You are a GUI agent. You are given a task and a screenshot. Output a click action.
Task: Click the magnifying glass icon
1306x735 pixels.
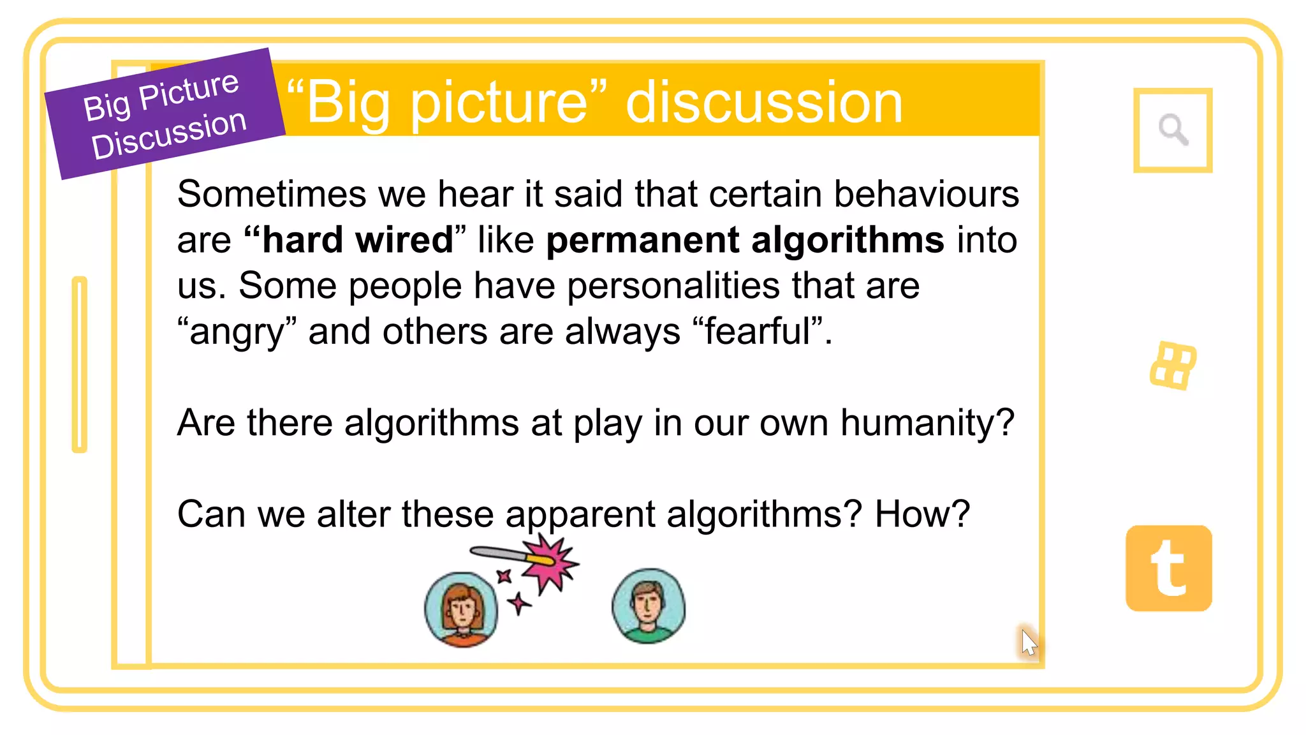(1173, 130)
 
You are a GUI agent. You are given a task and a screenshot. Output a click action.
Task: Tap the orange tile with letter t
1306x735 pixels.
(1168, 568)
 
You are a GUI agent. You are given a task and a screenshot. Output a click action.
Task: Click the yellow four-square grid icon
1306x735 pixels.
(1173, 366)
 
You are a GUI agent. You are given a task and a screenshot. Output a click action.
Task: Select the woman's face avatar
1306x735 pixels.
(461, 609)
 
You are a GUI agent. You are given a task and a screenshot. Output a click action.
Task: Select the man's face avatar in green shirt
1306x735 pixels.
(648, 605)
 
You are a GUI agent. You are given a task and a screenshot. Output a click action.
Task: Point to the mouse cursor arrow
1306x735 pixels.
(1027, 642)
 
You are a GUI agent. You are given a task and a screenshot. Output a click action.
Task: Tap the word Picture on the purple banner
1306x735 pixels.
(189, 91)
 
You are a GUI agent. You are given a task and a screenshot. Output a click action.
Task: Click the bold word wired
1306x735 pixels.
(404, 240)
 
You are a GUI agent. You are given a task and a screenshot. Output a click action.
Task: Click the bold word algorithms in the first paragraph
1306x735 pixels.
(847, 240)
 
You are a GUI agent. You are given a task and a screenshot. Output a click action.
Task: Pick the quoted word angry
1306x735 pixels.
(237, 332)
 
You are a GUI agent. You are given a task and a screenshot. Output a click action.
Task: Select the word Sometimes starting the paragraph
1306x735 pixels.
(272, 194)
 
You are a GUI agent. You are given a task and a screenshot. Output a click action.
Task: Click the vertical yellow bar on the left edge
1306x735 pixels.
(80, 364)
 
